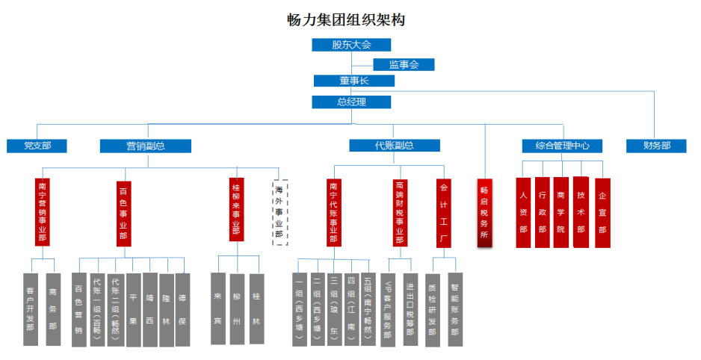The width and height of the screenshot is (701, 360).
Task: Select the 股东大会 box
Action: pyautogui.click(x=351, y=45)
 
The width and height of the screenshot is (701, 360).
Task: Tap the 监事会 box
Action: pyautogui.click(x=403, y=64)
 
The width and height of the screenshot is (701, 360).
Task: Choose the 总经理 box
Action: pyautogui.click(x=352, y=102)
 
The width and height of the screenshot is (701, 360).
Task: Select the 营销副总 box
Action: pyautogui.click(x=145, y=146)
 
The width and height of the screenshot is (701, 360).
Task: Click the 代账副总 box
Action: pyautogui.click(x=394, y=146)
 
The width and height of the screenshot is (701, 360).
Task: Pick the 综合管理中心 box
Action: pyautogui.click(x=562, y=146)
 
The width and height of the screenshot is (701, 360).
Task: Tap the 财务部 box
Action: pyautogui.click(x=656, y=146)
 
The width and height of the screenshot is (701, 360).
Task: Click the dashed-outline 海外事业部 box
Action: pyautogui.click(x=279, y=212)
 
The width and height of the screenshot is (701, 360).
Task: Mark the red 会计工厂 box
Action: pyautogui.click(x=444, y=212)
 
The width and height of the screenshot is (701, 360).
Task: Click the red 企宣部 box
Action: pyautogui.click(x=602, y=212)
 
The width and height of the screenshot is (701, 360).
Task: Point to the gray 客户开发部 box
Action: pyautogui.click(x=31, y=308)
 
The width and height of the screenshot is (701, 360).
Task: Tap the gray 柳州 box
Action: pyautogui.click(x=237, y=308)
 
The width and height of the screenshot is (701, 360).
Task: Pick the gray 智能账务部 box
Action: pyautogui.click(x=454, y=308)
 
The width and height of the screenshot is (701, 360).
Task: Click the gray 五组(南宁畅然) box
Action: pyautogui.click(x=368, y=308)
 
